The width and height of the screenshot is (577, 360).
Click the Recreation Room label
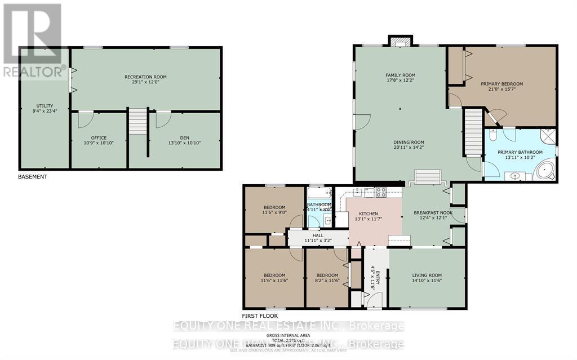(x=145, y=77)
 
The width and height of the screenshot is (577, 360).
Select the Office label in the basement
(x=99, y=137)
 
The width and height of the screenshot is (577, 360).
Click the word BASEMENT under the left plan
(x=32, y=176)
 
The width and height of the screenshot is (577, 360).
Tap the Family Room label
(x=400, y=75)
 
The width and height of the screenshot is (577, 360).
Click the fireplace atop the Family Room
(x=401, y=41)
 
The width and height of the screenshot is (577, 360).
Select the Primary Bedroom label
(x=501, y=84)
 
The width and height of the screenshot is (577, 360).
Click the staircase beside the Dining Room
(x=474, y=133)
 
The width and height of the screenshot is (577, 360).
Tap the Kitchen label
(x=369, y=214)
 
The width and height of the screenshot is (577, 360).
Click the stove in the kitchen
(x=381, y=192)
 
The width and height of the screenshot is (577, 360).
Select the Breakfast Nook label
(x=430, y=213)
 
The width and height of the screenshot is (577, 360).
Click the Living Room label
(x=428, y=275)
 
